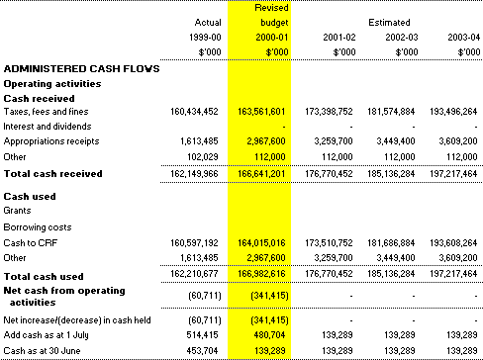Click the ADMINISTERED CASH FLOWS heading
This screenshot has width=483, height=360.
(81, 68)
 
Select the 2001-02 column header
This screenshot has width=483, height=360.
(339, 38)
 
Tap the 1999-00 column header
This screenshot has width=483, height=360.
(205, 38)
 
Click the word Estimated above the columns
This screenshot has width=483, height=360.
(389, 23)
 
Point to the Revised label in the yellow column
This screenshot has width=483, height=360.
(271, 8)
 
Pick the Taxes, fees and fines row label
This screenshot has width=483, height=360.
(46, 112)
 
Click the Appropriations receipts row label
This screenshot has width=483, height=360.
(51, 141)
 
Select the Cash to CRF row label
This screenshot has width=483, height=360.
(31, 243)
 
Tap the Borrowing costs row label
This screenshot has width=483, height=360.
(38, 227)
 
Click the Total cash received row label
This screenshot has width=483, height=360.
(52, 174)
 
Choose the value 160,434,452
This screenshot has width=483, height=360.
(194, 112)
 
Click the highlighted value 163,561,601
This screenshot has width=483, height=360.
(261, 112)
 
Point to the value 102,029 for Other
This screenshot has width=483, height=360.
(203, 156)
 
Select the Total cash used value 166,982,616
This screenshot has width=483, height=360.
(261, 274)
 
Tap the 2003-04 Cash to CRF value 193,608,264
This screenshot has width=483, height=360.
(453, 243)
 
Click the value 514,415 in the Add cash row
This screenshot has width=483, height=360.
(202, 335)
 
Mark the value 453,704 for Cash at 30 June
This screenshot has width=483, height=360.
(202, 351)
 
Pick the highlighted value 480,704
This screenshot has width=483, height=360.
(269, 335)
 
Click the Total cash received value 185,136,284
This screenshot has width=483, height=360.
(391, 174)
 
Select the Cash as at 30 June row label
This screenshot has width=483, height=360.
(42, 351)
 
